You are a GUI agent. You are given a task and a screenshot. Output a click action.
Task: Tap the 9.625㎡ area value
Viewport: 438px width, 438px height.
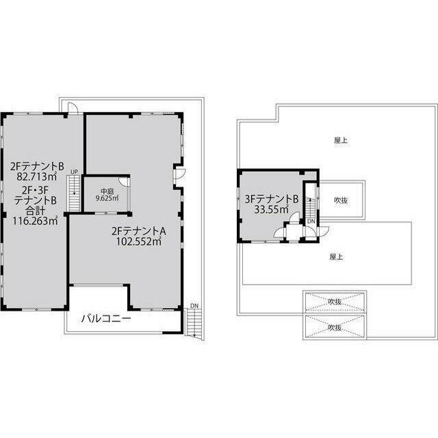[107, 198]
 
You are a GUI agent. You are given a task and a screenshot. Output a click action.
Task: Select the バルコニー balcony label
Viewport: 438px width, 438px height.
[107, 318]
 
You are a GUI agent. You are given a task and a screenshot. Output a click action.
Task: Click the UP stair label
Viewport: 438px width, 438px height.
[74, 172]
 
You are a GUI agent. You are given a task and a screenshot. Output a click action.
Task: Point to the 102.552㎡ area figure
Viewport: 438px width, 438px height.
[139, 241]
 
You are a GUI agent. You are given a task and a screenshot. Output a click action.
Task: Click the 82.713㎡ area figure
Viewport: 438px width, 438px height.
[37, 177]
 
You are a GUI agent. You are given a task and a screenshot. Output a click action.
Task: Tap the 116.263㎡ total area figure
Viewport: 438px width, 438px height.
[35, 221]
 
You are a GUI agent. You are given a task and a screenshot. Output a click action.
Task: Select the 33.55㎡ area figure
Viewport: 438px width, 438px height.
[271, 209]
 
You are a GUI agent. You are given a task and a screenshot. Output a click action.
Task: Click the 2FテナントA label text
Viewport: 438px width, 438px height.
[139, 231]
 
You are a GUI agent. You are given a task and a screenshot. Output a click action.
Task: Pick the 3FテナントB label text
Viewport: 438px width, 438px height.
[272, 199]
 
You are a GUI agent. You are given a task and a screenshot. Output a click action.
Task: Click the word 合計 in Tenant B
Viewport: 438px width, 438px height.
[35, 210]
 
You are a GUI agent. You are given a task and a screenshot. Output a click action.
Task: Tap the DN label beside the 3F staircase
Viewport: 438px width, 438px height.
[311, 221]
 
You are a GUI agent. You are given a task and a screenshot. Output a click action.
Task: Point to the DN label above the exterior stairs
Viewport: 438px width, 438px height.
[194, 306]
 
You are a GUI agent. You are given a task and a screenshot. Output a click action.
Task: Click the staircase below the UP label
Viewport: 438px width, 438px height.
[75, 193]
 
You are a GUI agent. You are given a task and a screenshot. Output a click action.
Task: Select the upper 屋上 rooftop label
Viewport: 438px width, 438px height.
[341, 140]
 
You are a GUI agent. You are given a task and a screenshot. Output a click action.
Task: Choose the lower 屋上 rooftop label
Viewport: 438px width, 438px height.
[336, 257]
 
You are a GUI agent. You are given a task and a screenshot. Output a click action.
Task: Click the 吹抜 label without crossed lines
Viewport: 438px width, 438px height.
[341, 201]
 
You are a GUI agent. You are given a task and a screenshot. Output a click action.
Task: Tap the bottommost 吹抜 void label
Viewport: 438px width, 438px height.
[335, 327]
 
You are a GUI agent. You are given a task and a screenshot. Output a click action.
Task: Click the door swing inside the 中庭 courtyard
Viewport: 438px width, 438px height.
[124, 181]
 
